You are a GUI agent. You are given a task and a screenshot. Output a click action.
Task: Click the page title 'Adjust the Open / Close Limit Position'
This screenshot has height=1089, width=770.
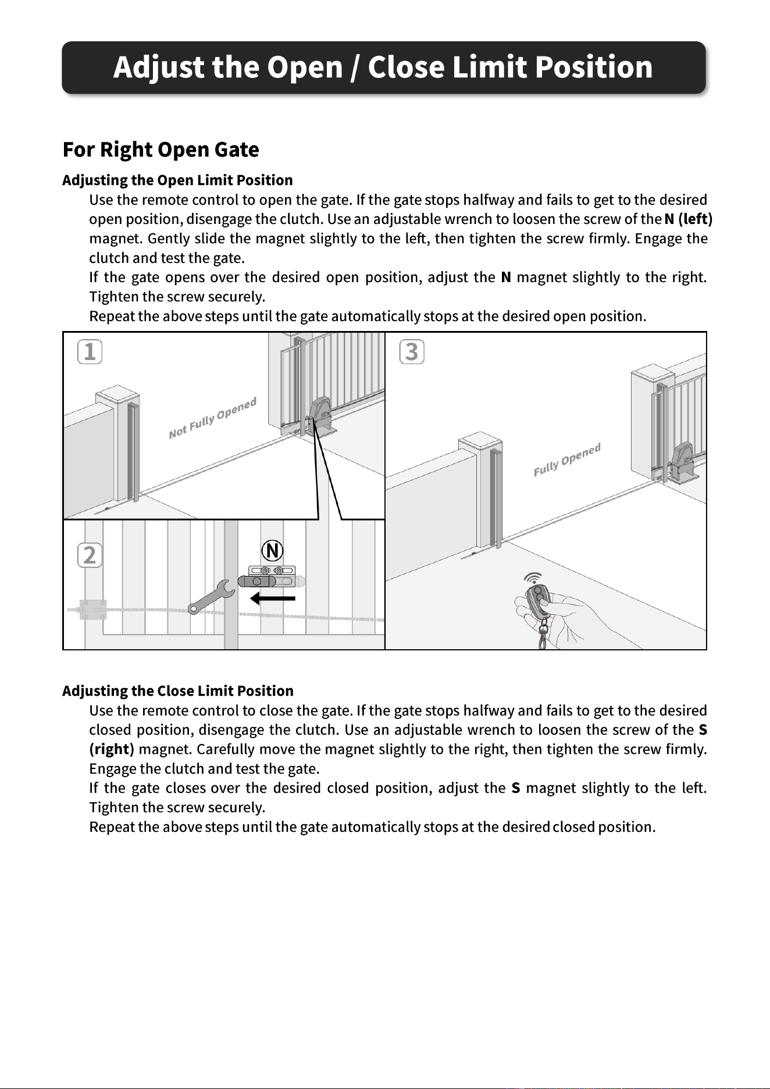383,67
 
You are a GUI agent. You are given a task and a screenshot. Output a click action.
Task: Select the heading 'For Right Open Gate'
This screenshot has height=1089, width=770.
161,150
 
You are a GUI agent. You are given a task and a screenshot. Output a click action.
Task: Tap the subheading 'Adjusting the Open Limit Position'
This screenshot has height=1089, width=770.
177,180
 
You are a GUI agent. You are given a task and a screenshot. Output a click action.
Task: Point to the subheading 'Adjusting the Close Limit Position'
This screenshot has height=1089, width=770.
178,691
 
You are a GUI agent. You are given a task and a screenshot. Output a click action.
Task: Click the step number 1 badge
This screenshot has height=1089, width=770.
90,351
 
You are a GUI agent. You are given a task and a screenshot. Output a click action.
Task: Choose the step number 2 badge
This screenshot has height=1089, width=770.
90,555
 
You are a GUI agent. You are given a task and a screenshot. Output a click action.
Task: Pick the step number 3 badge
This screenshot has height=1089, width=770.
412,351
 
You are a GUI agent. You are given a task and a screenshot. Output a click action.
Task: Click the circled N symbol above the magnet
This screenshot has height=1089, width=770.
272,550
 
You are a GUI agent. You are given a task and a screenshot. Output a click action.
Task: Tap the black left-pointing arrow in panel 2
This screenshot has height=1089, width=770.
273,598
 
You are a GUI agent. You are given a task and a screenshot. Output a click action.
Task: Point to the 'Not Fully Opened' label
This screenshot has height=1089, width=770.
213,418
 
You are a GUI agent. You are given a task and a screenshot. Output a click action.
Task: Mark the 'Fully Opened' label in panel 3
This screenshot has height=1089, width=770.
567,460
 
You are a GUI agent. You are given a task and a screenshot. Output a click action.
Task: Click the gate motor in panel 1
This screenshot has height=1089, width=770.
322,415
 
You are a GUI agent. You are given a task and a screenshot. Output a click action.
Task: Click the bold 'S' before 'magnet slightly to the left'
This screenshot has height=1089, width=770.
515,788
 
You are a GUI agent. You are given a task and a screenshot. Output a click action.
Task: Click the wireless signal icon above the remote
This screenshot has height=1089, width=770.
532,578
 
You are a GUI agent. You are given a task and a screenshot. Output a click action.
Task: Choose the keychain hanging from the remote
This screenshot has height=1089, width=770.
544,634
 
